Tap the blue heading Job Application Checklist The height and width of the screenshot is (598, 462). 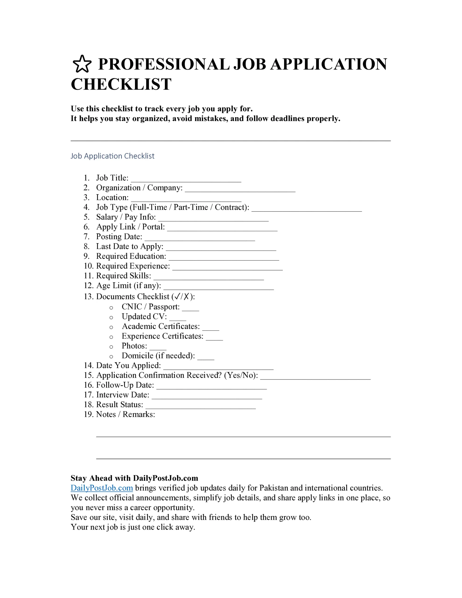(x=112, y=156)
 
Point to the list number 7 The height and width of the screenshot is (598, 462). (x=87, y=237)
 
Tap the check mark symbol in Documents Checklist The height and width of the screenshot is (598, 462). (x=177, y=296)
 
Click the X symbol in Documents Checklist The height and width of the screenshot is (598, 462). (x=186, y=296)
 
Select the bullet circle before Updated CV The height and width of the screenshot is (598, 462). (x=111, y=318)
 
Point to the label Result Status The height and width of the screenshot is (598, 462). (x=119, y=405)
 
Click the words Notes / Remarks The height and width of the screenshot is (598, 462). (x=125, y=415)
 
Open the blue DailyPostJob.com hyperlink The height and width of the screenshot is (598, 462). (x=102, y=488)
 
